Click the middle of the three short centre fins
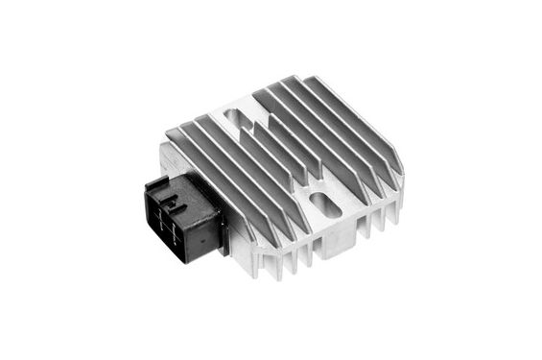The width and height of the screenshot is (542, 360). tap(277, 144)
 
